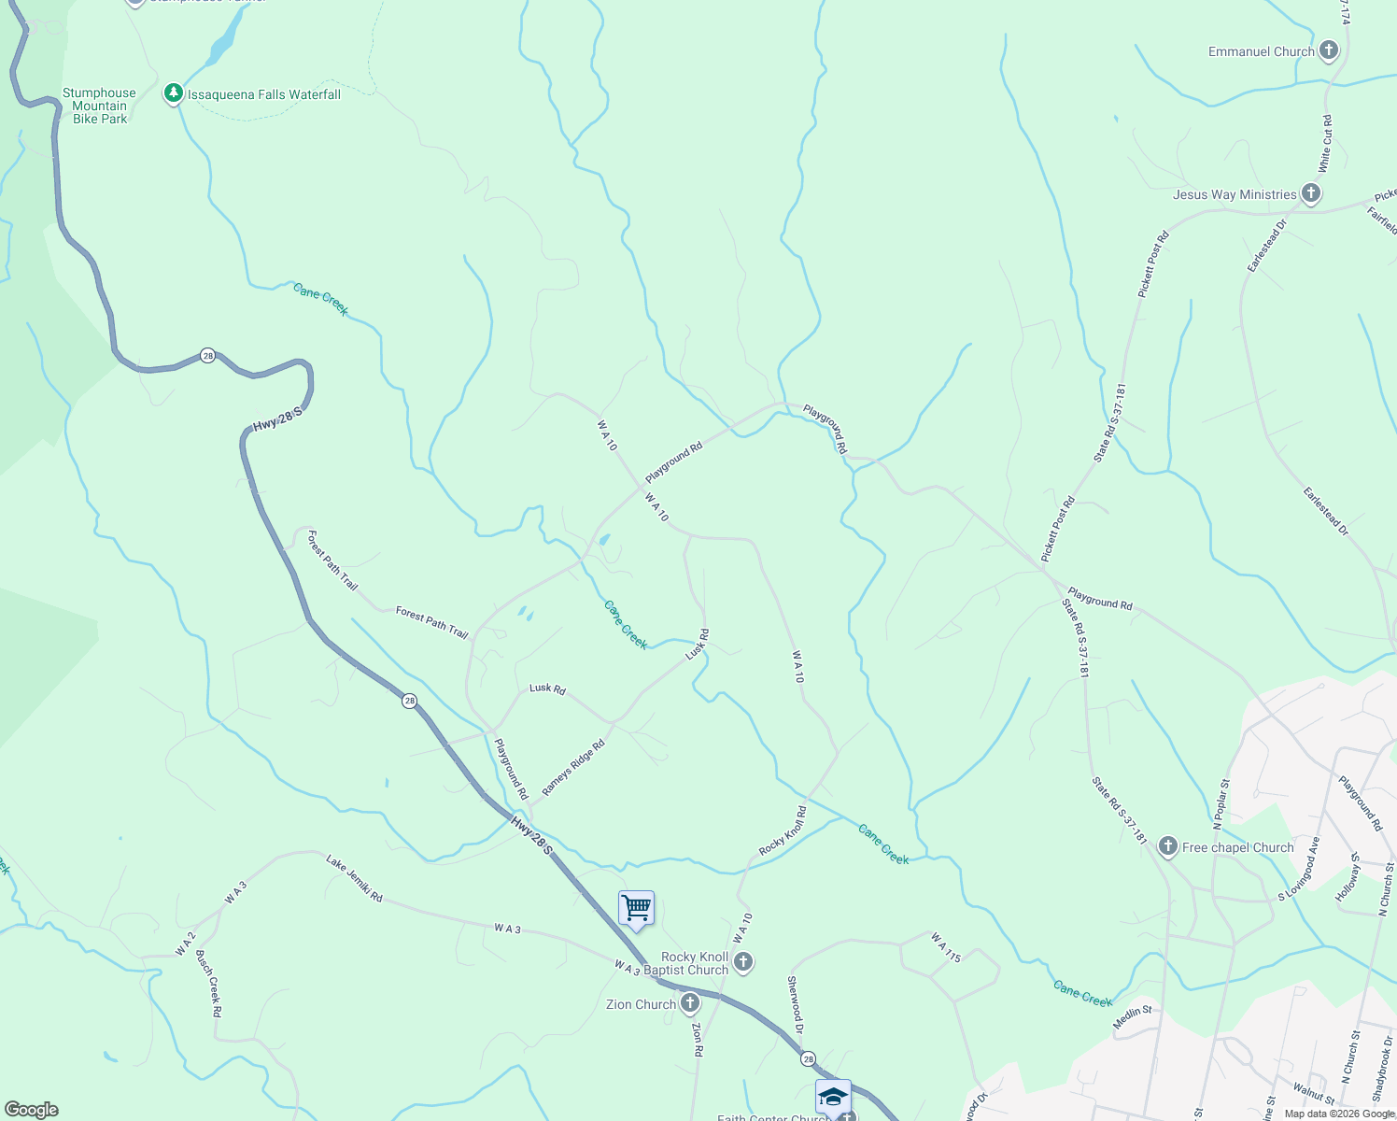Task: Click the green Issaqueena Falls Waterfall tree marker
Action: (x=173, y=93)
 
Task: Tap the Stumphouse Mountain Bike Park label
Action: (x=99, y=106)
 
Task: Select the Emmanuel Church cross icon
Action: (x=1328, y=51)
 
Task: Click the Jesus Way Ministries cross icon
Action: (x=1311, y=194)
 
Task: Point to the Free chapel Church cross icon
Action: (x=1167, y=847)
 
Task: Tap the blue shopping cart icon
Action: (x=636, y=908)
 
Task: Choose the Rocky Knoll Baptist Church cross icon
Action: (x=743, y=961)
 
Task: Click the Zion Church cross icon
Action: (x=690, y=1004)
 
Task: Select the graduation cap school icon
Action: (x=832, y=1097)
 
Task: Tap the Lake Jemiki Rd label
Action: (x=355, y=878)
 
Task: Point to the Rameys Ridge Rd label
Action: (x=573, y=768)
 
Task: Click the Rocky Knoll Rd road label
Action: (x=783, y=831)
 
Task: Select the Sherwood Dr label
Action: (x=795, y=1004)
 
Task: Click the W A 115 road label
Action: (x=945, y=947)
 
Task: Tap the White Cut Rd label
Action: (x=1325, y=144)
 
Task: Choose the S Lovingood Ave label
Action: (x=1300, y=868)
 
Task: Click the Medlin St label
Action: (x=1133, y=1017)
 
